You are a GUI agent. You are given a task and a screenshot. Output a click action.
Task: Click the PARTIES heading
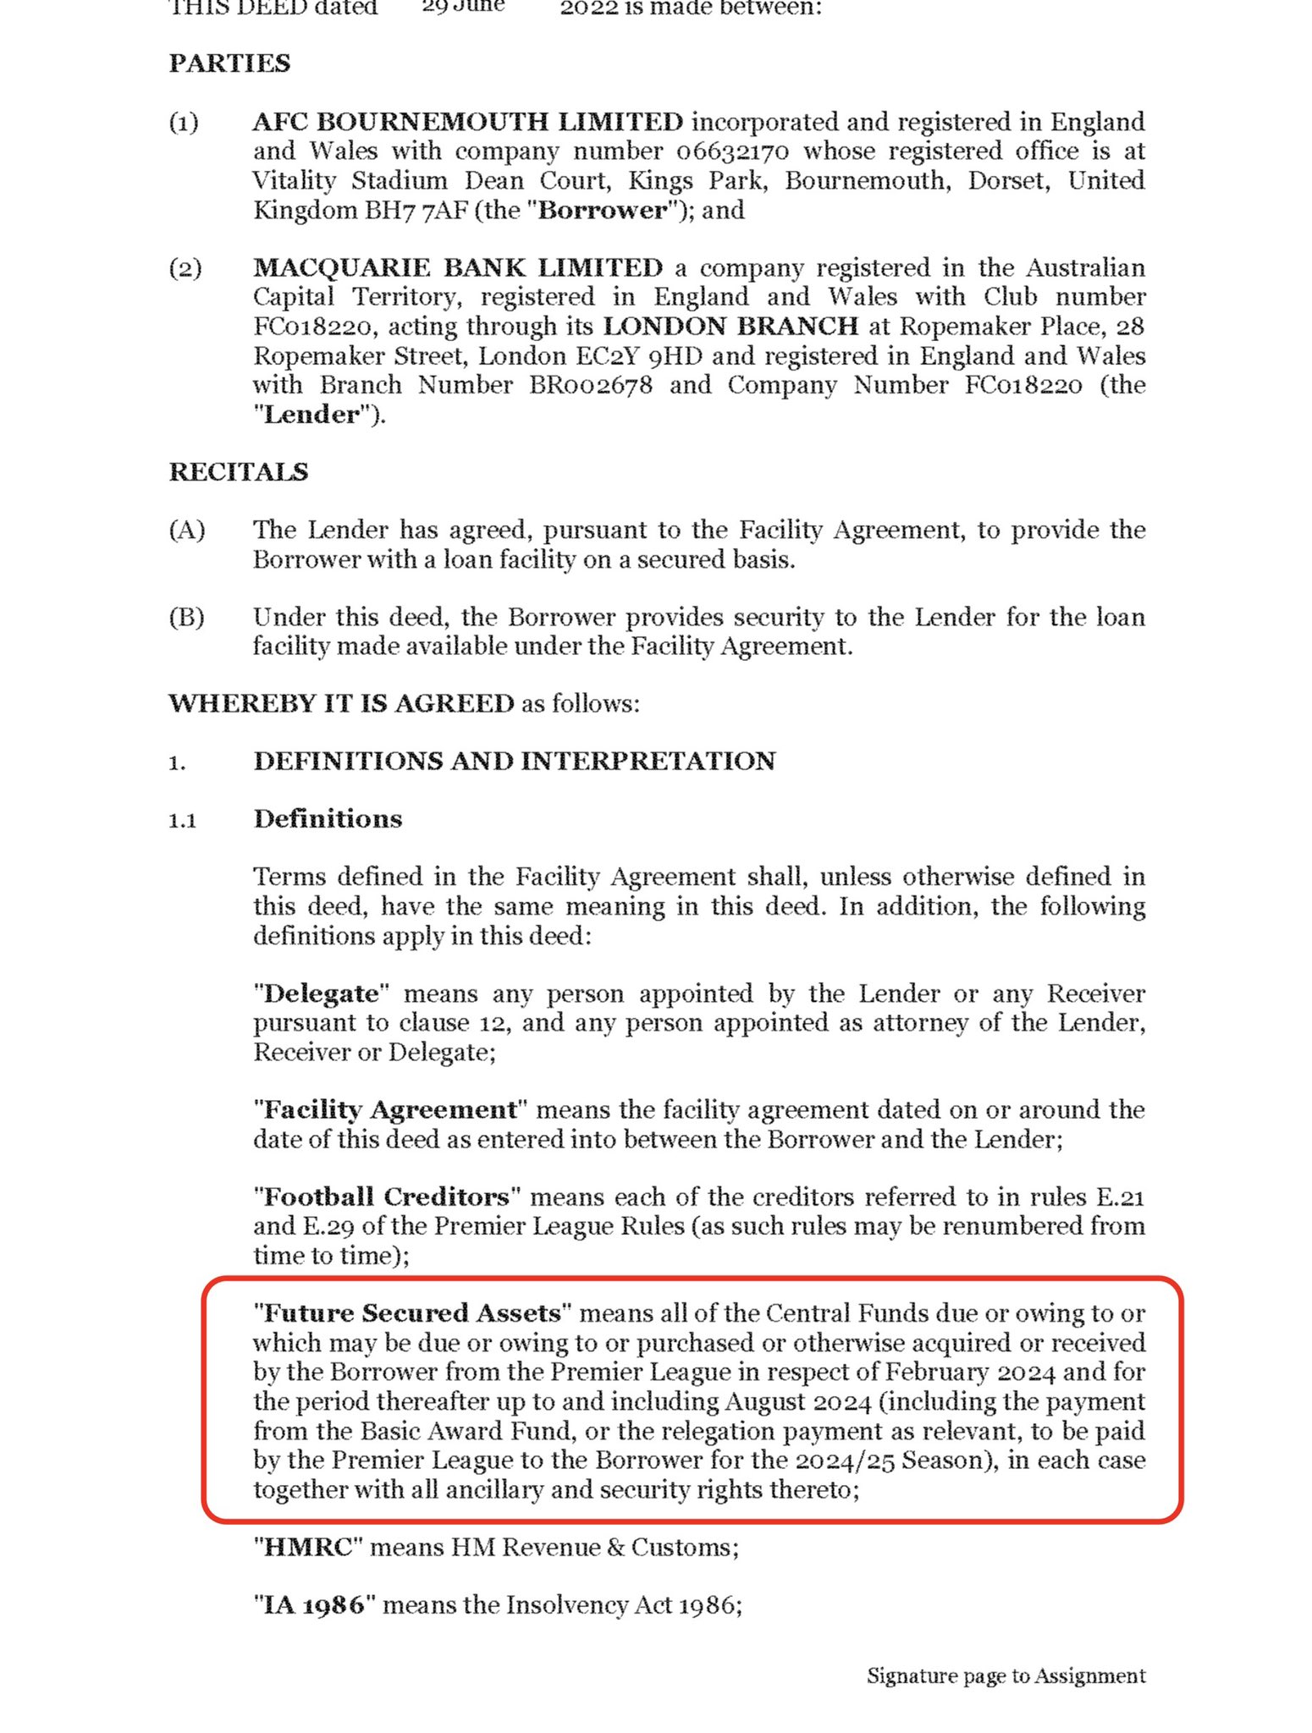click(229, 63)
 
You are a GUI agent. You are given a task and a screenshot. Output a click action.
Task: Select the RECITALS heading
click(239, 472)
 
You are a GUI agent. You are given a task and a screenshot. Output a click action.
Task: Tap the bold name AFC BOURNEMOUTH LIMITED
click(467, 122)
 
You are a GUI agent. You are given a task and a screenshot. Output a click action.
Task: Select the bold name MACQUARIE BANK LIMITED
click(457, 268)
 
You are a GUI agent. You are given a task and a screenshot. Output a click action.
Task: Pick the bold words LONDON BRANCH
click(730, 327)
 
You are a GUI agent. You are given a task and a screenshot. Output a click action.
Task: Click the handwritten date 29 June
click(462, 7)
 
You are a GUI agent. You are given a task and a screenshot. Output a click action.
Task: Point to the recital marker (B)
click(186, 618)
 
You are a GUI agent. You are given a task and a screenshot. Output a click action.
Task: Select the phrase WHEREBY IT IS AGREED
click(341, 703)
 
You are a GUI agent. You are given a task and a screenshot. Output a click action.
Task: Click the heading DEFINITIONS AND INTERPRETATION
click(514, 761)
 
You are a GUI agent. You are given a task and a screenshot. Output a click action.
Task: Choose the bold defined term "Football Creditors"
click(386, 1197)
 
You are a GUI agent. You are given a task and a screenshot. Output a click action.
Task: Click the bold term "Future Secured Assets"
click(412, 1313)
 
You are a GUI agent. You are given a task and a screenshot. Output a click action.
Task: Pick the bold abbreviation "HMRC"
click(307, 1547)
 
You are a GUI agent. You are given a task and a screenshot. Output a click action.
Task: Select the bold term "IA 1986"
click(313, 1605)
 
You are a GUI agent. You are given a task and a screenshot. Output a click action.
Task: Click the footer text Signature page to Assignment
click(1006, 1676)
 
